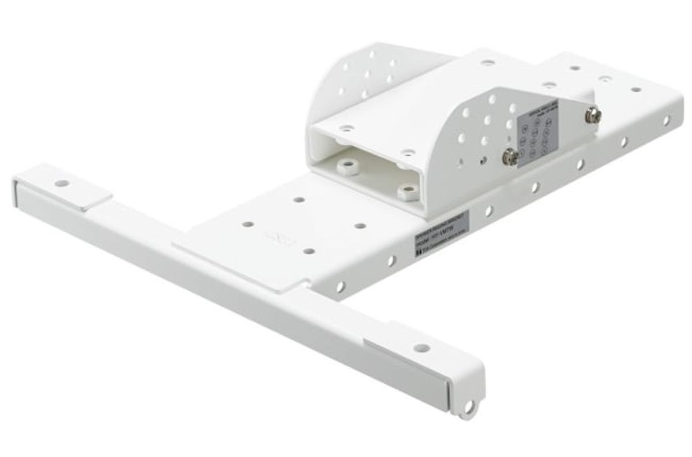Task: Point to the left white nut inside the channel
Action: click(347, 167)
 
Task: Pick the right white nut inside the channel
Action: click(408, 191)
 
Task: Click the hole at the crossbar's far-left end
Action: click(62, 183)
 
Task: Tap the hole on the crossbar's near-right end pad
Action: click(422, 347)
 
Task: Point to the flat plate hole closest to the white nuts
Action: click(299, 200)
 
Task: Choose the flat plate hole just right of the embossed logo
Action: click(309, 251)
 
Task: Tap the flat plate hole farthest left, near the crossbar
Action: click(247, 223)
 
